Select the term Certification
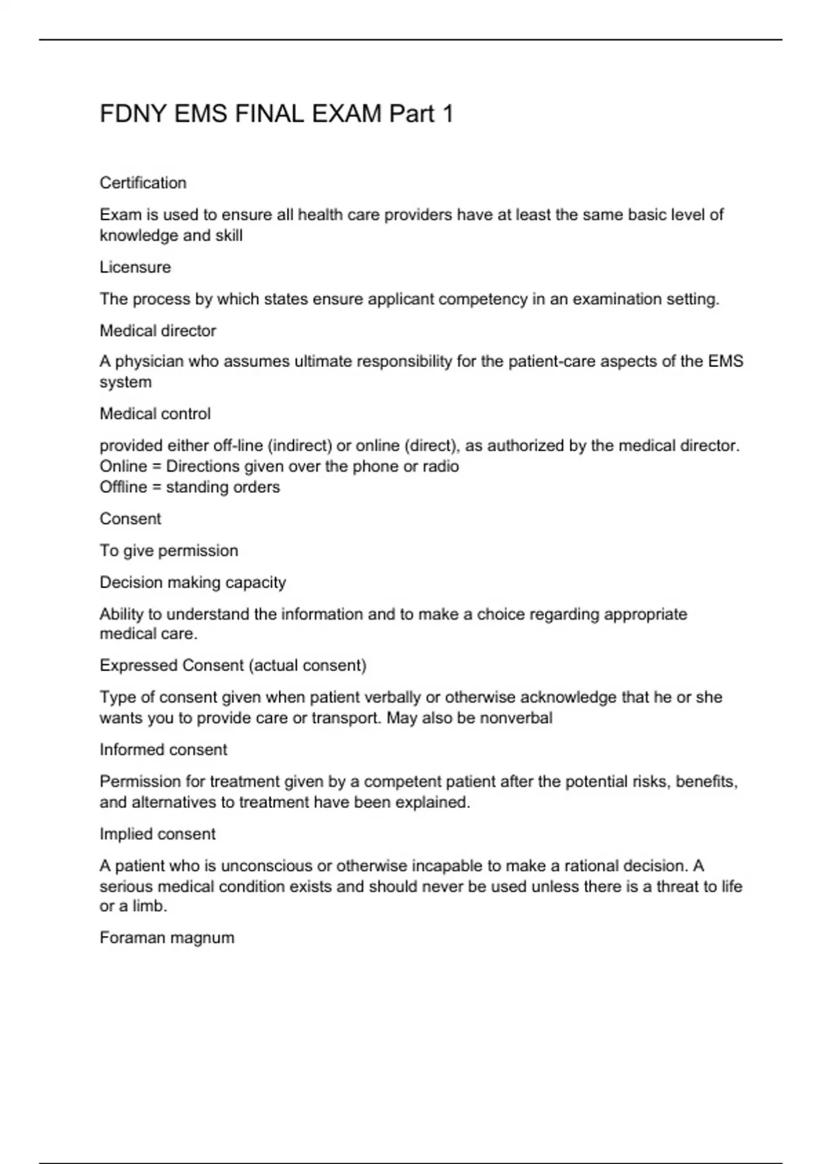pos(143,183)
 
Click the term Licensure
pos(135,267)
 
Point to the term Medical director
pos(158,331)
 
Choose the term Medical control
pos(155,414)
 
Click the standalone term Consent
pos(130,518)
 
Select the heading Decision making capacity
pos(192,582)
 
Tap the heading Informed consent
pos(163,750)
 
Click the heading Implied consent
pos(158,834)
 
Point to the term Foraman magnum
pos(166,937)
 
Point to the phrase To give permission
pos(169,551)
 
